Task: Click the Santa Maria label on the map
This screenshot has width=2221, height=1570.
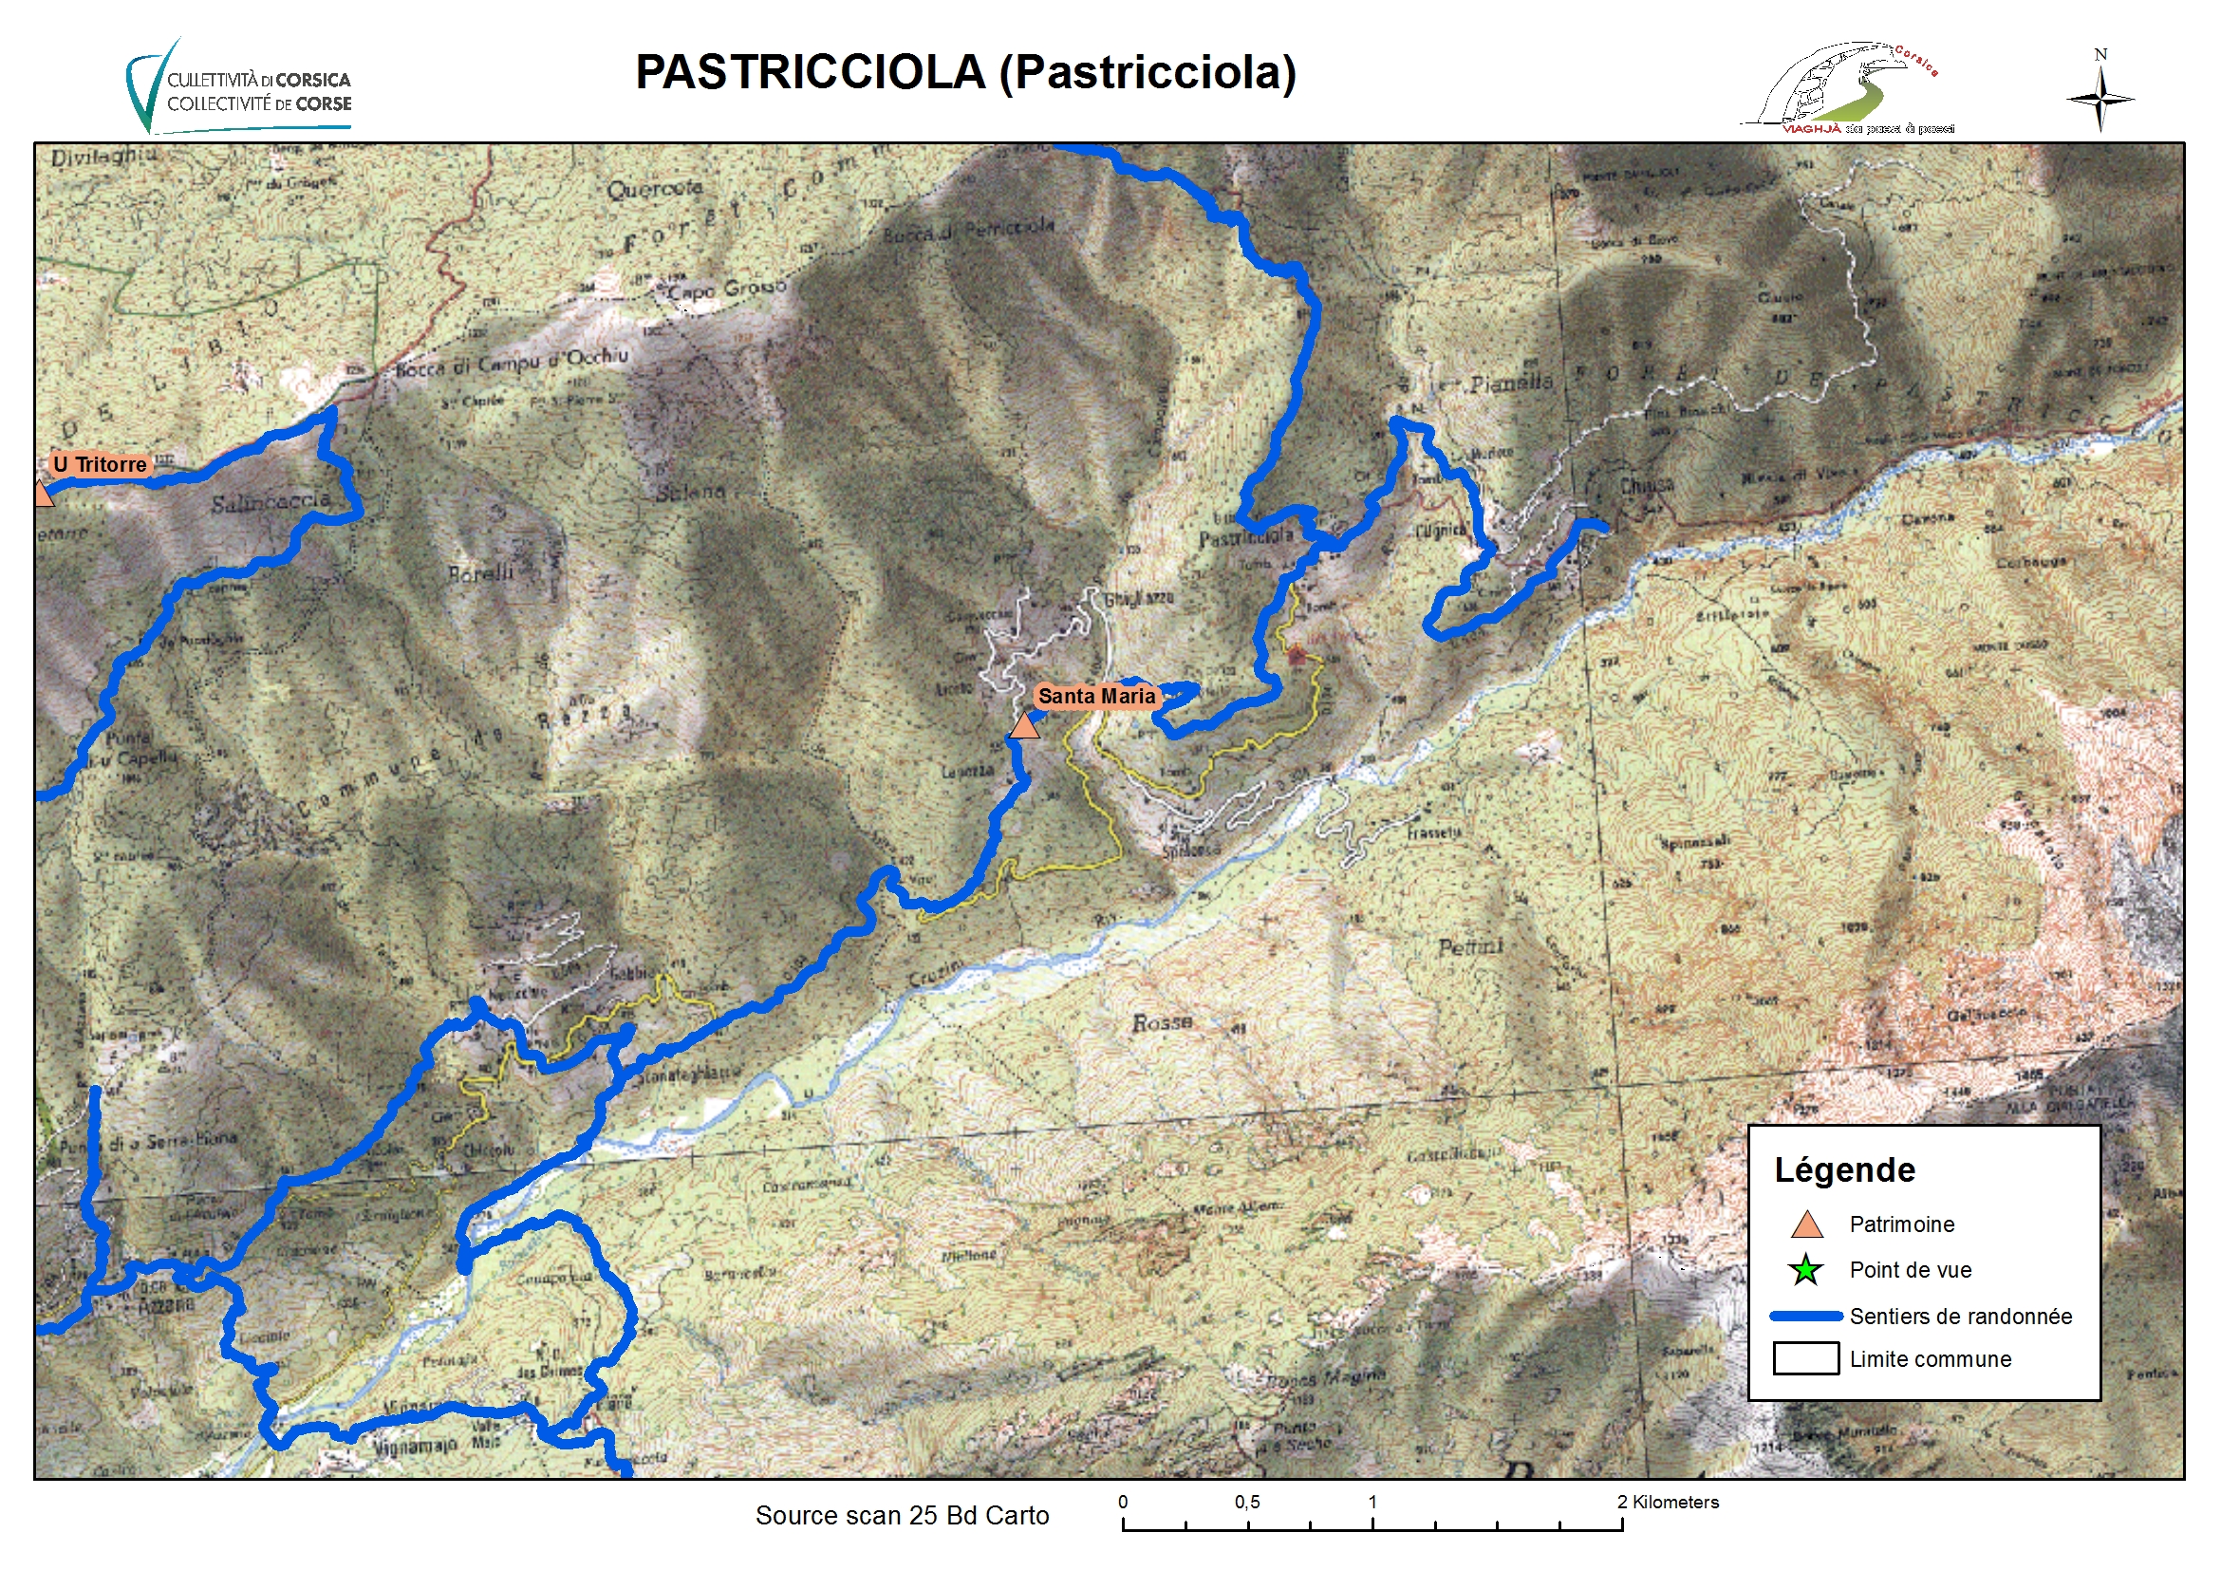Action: click(1096, 697)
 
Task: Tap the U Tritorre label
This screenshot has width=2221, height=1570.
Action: click(100, 464)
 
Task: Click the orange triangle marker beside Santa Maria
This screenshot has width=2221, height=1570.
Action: click(1024, 726)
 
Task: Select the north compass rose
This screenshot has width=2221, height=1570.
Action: click(2100, 94)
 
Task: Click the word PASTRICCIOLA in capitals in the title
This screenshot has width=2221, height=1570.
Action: click(810, 72)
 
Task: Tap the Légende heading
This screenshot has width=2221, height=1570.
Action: click(1844, 1170)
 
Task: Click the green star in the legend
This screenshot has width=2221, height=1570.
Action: click(1805, 1270)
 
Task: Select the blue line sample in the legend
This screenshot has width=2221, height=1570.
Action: click(1805, 1317)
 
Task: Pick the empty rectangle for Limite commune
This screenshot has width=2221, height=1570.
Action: click(1805, 1359)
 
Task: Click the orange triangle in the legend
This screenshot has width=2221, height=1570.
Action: click(1806, 1225)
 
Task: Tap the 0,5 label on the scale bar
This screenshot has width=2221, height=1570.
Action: click(1247, 1504)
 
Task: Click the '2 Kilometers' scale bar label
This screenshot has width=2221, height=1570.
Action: click(1668, 1504)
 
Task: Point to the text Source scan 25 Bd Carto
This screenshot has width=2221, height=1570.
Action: click(902, 1516)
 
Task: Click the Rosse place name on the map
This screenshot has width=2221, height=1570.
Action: click(1162, 1022)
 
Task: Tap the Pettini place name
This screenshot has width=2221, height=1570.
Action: click(1470, 947)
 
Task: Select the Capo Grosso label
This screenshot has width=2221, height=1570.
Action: click(727, 289)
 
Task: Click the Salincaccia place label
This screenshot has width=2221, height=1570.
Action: click(271, 503)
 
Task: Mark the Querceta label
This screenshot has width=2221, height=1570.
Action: click(655, 189)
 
